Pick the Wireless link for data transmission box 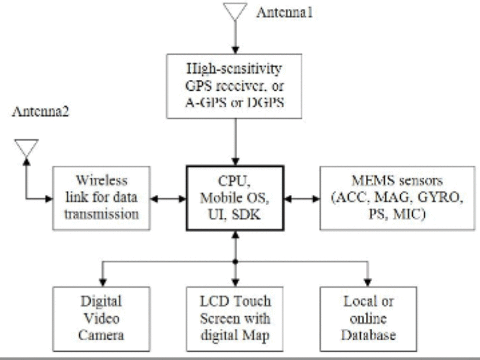tap(100, 197)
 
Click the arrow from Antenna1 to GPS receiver tap(235, 37)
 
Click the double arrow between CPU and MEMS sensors tap(302, 197)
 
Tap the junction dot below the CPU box tap(235, 263)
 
